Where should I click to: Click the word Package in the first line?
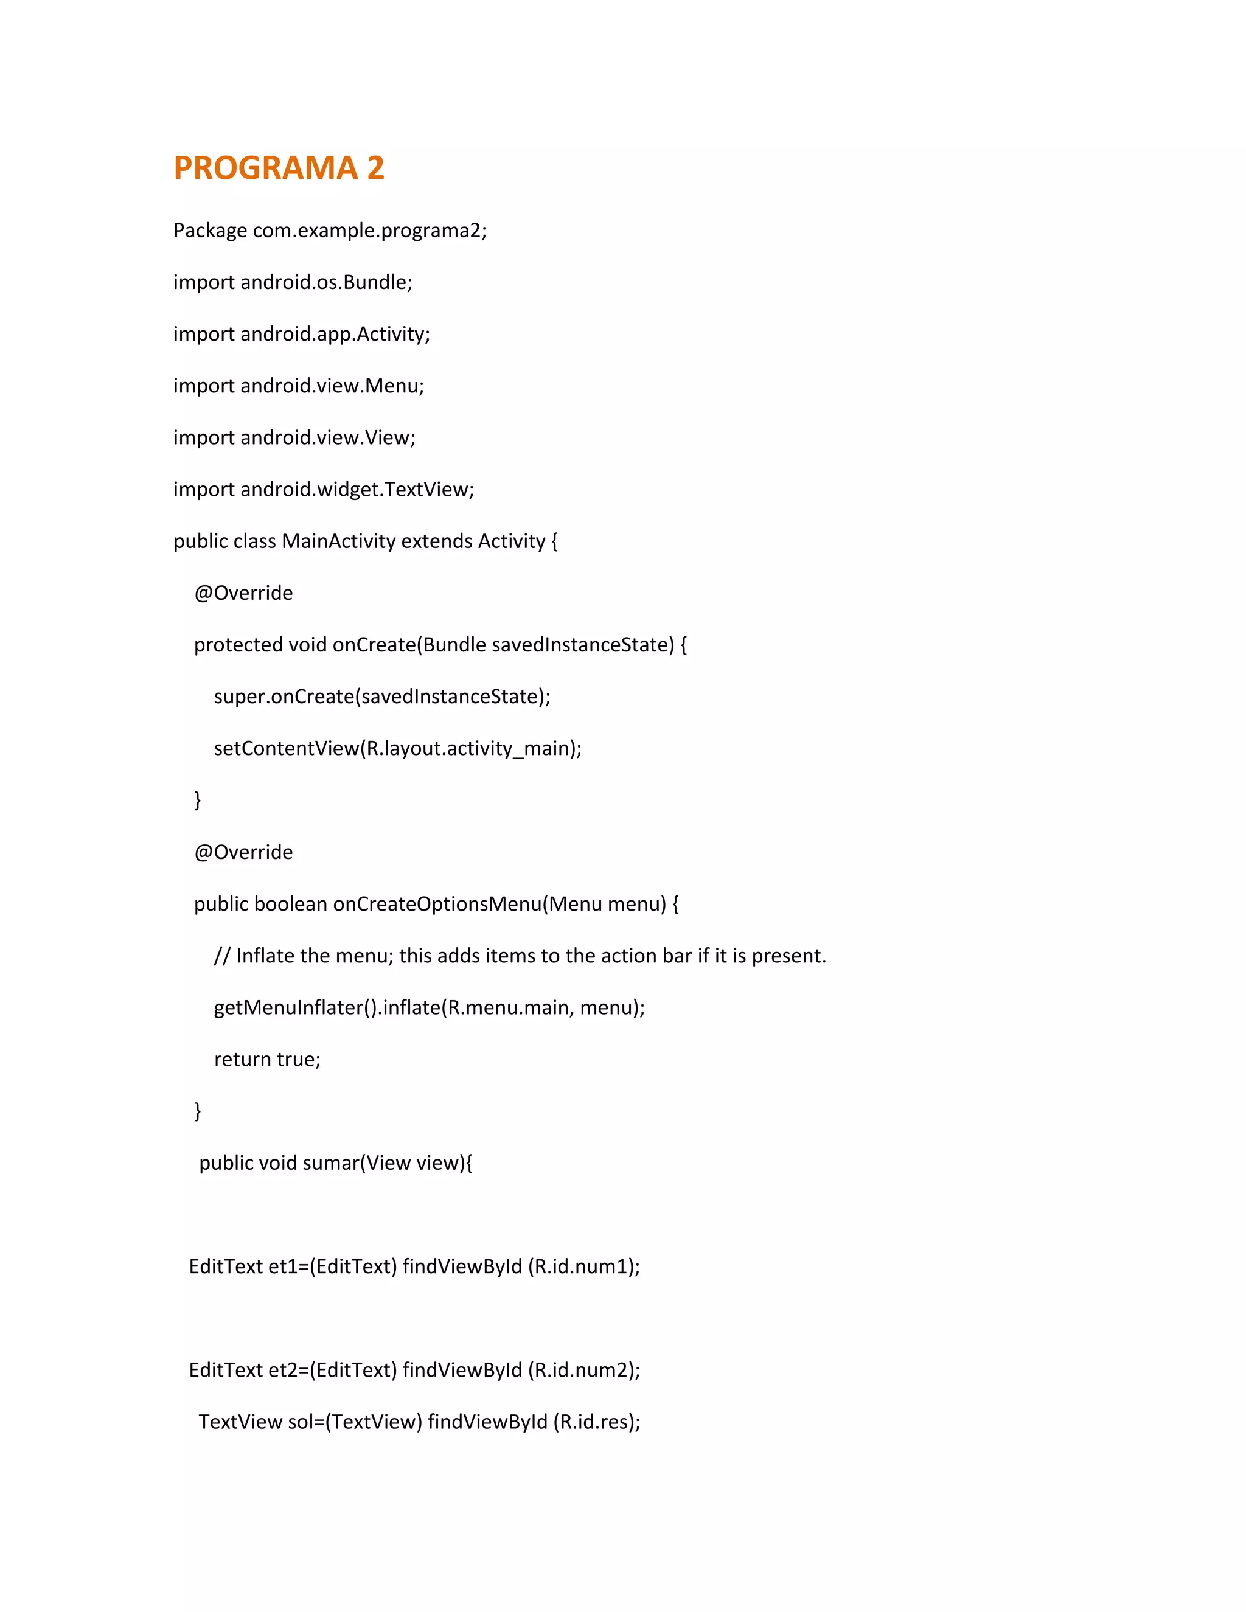210,231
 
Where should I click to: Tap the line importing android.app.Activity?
301,333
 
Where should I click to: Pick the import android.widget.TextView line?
323,489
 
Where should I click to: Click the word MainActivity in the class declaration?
338,541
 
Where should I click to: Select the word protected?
238,645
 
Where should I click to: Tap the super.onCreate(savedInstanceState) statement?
381,697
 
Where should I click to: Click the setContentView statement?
397,748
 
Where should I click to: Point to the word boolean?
290,904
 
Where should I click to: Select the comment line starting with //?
520,956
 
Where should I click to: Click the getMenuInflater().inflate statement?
429,1007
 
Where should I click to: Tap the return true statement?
267,1060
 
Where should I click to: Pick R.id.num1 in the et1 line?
582,1266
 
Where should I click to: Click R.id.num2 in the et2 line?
582,1371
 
